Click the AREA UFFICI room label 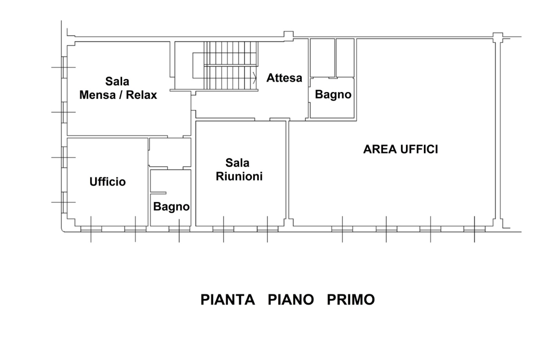pos(400,149)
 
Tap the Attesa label pos(284,78)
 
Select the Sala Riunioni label pos(239,169)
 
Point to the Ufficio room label pos(108,182)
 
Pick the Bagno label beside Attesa pos(333,94)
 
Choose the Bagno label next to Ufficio pos(171,206)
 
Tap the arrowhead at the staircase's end pos(255,78)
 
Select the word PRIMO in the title pos(350,300)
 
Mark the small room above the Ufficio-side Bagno pos(170,152)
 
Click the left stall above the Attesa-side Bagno pos(322,57)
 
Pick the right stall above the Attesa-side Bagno pos(345,57)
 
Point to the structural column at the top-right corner pos(497,37)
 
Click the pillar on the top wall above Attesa pos(288,35)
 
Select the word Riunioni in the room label pos(239,176)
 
